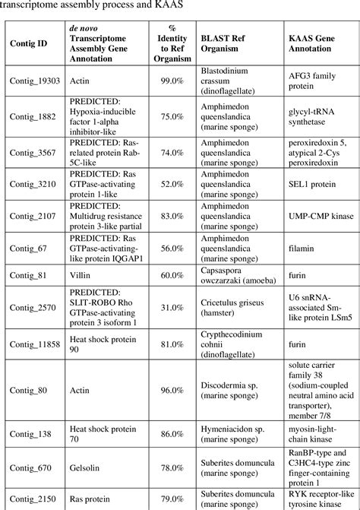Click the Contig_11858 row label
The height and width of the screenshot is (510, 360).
coord(34,343)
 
